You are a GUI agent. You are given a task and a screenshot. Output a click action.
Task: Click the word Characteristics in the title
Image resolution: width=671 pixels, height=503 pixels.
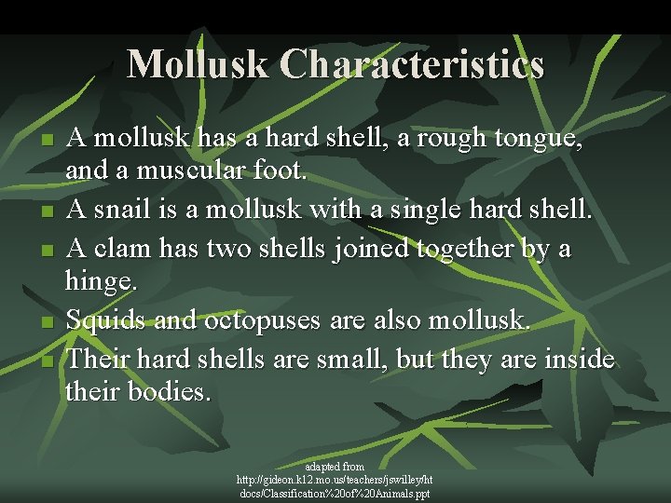point(410,63)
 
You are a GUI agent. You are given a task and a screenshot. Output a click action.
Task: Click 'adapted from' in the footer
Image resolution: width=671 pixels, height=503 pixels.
point(335,466)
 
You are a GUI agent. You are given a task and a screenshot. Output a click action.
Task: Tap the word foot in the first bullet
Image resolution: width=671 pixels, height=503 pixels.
point(280,172)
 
